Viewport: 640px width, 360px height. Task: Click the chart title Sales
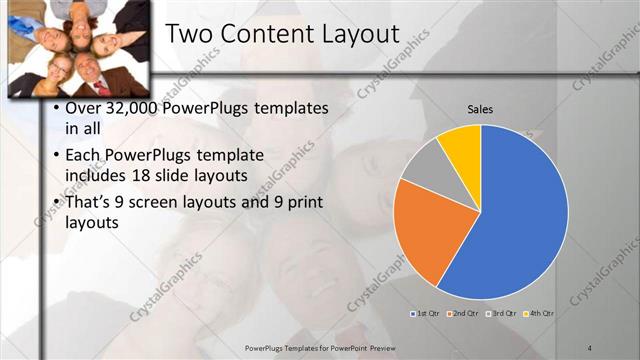click(x=480, y=109)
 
